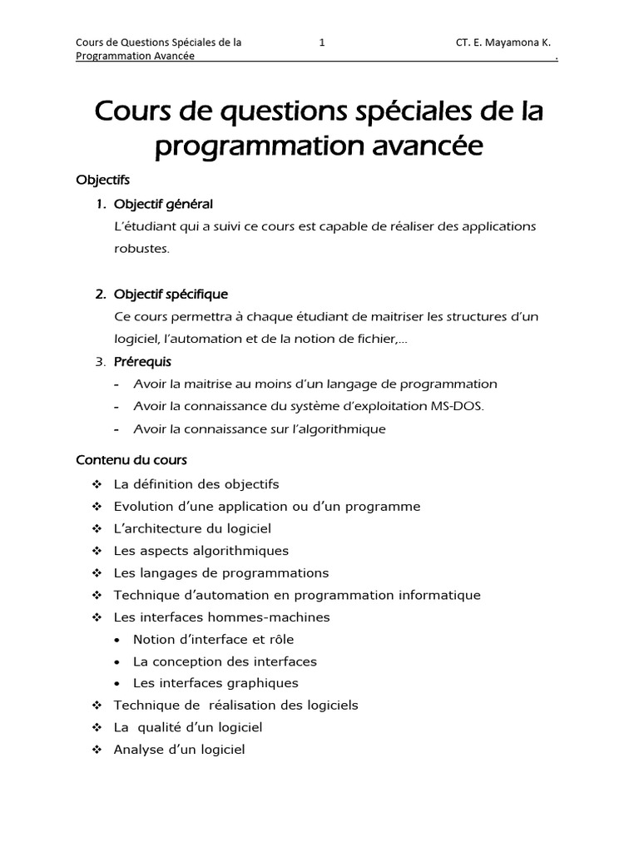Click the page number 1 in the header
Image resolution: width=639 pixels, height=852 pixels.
(322, 42)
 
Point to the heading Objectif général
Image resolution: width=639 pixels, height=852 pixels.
(163, 204)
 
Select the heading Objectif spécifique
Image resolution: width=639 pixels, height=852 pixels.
(171, 294)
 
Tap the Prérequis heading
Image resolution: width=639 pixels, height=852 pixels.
(142, 361)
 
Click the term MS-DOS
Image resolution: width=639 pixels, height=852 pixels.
(455, 406)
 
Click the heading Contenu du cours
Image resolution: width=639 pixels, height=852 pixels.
(131, 459)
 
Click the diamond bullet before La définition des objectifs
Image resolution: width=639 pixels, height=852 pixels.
(97, 483)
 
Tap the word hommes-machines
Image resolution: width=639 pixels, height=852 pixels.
(276, 617)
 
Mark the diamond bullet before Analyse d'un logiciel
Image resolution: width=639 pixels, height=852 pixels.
(97, 750)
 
